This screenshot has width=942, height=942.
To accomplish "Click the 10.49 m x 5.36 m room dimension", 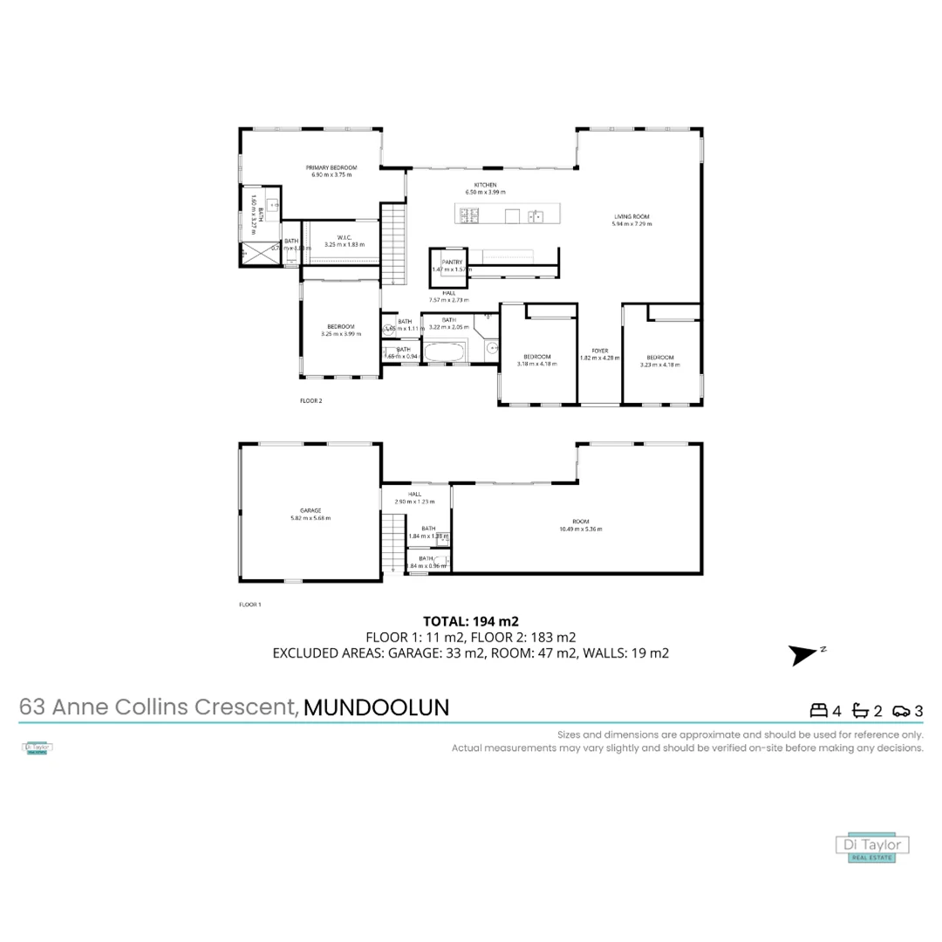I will tap(581, 529).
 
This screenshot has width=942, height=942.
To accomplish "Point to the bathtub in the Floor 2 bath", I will tap(445, 352).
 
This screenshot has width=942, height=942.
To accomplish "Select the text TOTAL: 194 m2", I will tap(471, 622).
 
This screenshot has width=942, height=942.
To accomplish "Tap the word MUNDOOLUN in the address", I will tap(377, 707).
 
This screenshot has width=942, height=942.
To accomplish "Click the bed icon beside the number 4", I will tap(819, 710).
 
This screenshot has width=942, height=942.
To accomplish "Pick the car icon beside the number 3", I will tap(901, 710).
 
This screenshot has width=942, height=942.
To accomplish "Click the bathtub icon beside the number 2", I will tap(860, 710).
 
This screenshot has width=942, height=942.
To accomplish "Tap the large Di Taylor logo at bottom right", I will tap(872, 847).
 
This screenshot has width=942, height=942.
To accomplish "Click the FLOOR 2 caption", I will tap(311, 401).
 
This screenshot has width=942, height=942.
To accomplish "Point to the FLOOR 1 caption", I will tap(250, 604).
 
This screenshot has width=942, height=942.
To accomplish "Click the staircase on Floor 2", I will tap(394, 243).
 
